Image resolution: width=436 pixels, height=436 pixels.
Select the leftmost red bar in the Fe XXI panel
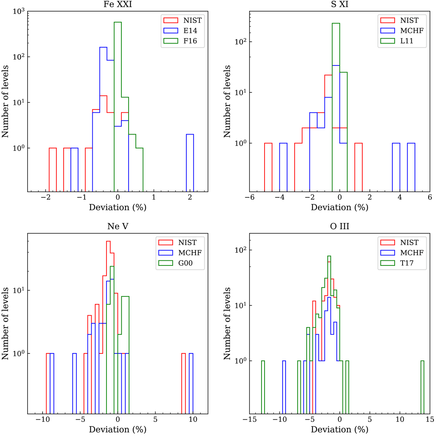[53, 169]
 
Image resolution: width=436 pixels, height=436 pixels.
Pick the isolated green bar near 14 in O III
[423, 387]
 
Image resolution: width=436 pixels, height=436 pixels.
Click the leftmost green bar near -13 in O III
[263, 387]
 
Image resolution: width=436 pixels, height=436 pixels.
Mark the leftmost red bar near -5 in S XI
[268, 167]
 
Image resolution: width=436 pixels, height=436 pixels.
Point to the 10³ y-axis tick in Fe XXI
[19, 12]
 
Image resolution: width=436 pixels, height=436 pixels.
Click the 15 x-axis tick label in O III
[429, 419]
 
